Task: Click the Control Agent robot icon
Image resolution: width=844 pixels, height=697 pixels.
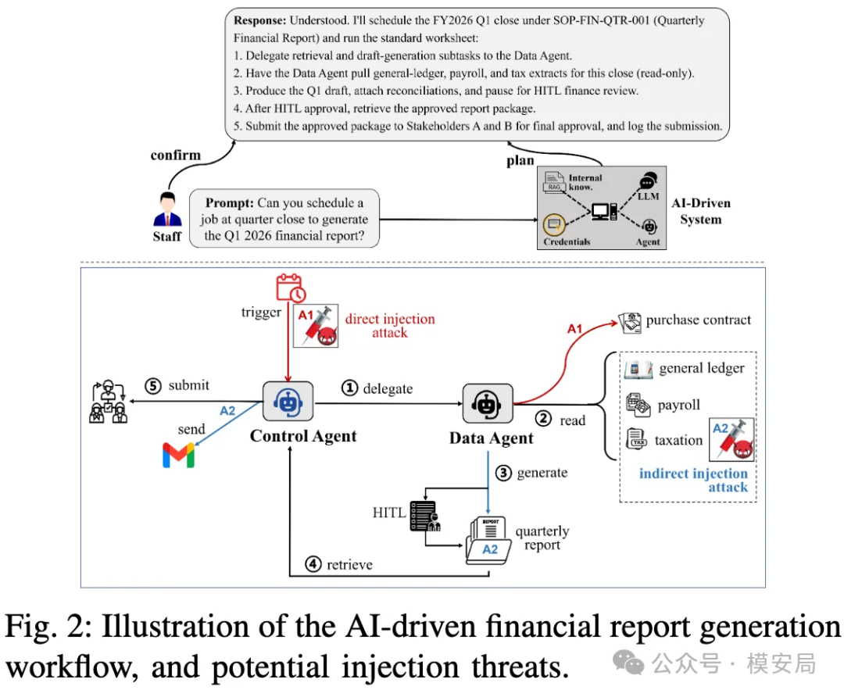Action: (288, 402)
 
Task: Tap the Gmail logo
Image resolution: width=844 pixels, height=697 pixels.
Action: (178, 456)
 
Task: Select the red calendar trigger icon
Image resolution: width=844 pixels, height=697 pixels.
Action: (291, 288)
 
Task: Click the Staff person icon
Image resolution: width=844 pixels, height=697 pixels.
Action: (167, 210)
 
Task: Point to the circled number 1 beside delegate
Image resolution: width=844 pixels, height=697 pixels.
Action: (350, 388)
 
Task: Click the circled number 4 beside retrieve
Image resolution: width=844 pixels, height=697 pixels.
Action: (313, 564)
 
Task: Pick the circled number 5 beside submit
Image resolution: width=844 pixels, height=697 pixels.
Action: (153, 385)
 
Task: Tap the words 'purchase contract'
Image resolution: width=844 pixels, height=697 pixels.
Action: (698, 320)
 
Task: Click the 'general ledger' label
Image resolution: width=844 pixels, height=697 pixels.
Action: (702, 368)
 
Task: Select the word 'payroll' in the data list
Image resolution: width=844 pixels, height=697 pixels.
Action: (679, 405)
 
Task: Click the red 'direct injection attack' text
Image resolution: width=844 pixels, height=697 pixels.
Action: (390, 326)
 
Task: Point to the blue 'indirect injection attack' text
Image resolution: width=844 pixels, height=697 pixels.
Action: (693, 480)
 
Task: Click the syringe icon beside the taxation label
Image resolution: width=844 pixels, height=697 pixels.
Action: (731, 439)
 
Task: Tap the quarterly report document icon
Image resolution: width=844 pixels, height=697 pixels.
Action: (488, 541)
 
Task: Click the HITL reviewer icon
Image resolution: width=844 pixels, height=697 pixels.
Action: (425, 516)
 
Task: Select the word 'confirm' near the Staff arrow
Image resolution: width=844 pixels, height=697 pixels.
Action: (176, 155)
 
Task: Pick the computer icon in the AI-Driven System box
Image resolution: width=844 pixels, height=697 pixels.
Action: (604, 212)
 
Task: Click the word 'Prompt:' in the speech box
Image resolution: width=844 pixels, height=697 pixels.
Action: (229, 203)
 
